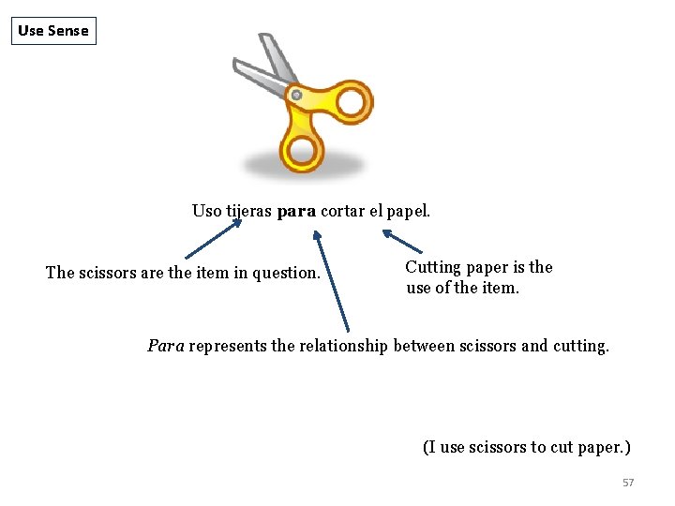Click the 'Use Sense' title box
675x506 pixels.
(x=53, y=31)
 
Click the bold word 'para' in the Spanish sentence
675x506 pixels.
(x=297, y=211)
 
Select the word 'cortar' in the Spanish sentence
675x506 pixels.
(x=341, y=211)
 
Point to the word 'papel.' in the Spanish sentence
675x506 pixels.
(x=409, y=211)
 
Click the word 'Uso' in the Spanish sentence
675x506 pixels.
(x=207, y=211)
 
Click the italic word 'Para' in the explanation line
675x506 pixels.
(x=166, y=346)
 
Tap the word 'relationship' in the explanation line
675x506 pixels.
(x=342, y=346)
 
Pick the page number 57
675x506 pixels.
(x=628, y=483)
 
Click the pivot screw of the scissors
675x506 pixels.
(x=296, y=95)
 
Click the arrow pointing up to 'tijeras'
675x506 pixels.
(x=212, y=239)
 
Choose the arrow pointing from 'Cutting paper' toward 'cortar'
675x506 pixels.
(x=402, y=241)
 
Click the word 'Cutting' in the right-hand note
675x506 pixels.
(x=433, y=267)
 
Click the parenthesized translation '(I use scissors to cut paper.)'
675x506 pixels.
(x=526, y=447)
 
